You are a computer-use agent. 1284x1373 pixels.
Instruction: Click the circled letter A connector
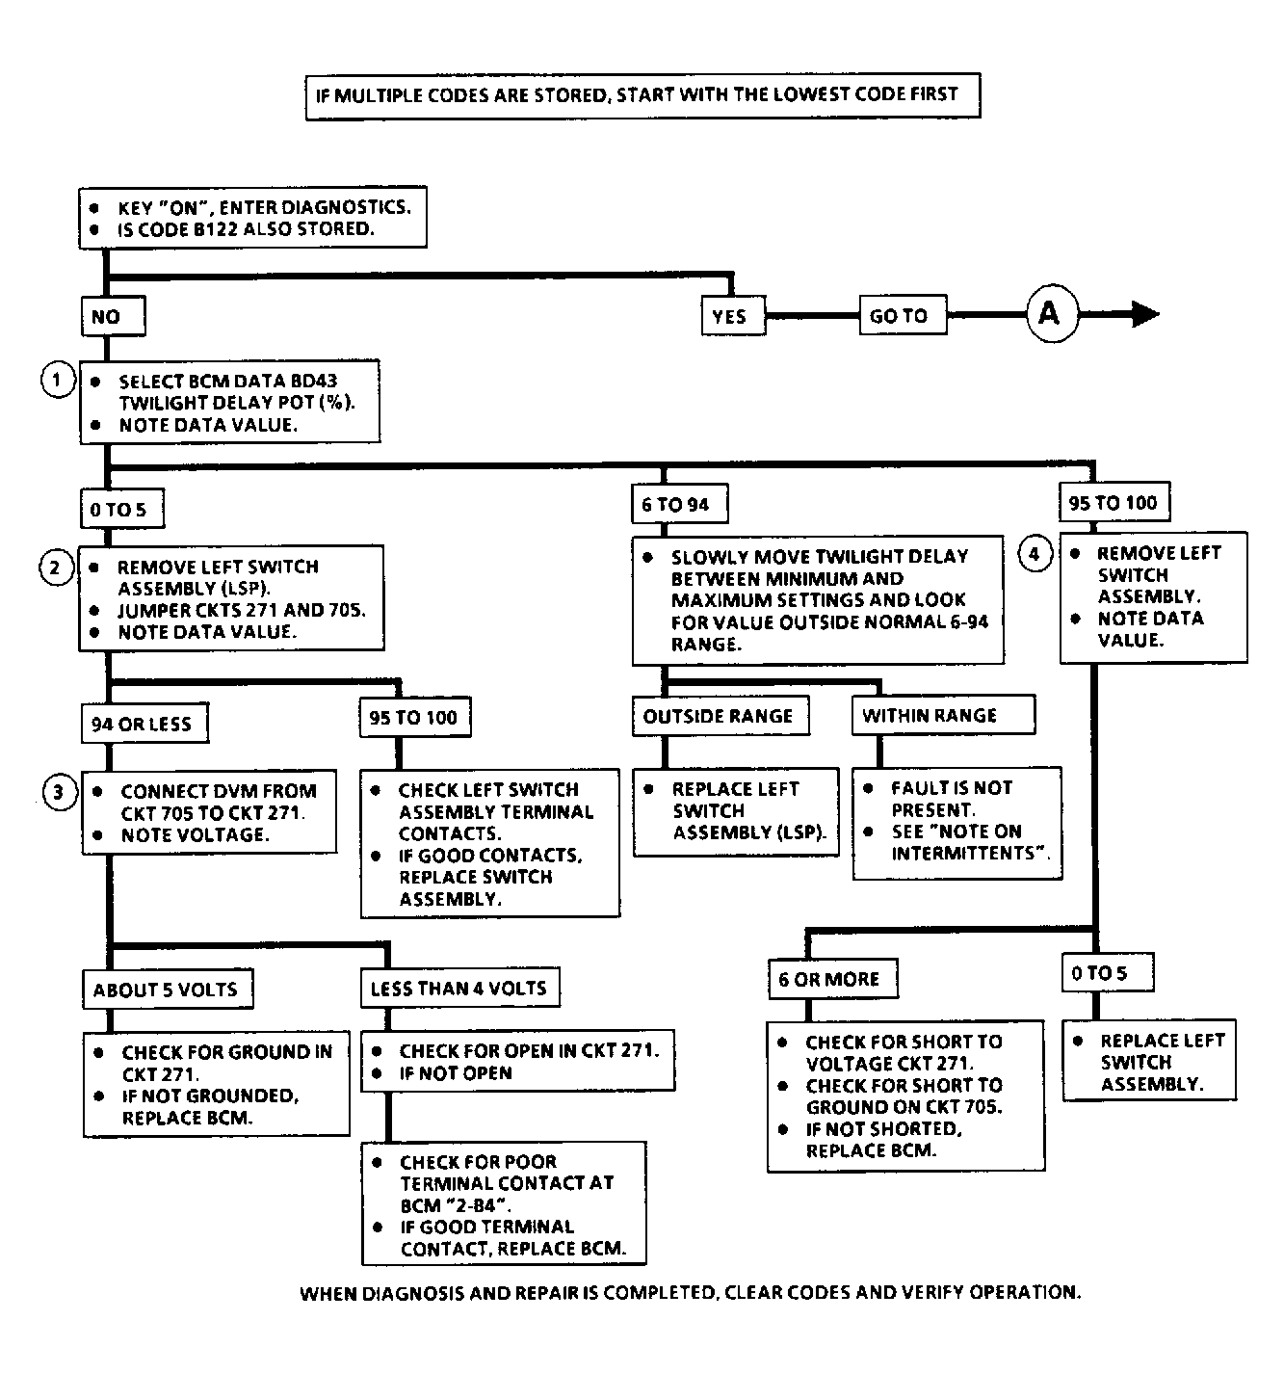point(1052,314)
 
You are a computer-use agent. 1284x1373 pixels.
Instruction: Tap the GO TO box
point(903,315)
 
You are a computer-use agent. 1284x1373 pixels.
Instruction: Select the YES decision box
point(733,316)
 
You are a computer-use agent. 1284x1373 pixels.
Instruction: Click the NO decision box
point(114,316)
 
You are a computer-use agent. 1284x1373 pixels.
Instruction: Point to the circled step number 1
point(58,380)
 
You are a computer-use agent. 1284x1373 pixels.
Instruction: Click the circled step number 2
point(56,568)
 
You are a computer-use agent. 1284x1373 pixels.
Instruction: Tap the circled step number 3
point(60,792)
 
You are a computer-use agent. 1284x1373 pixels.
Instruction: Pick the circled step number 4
point(1035,554)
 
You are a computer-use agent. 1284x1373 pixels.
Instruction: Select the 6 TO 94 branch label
point(680,503)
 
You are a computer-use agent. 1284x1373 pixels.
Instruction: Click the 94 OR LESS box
point(144,724)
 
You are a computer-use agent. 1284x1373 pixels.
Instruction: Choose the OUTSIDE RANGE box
point(721,715)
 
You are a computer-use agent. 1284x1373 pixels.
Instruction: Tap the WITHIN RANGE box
point(943,714)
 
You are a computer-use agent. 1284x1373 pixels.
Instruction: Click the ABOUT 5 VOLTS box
point(168,989)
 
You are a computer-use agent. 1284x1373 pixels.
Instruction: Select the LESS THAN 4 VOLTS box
point(459,988)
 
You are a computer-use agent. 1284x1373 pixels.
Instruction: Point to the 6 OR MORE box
point(833,978)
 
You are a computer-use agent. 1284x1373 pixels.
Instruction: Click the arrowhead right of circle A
point(1145,314)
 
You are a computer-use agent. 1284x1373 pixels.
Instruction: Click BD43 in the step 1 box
point(314,381)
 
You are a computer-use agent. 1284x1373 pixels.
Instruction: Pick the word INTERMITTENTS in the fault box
point(963,853)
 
